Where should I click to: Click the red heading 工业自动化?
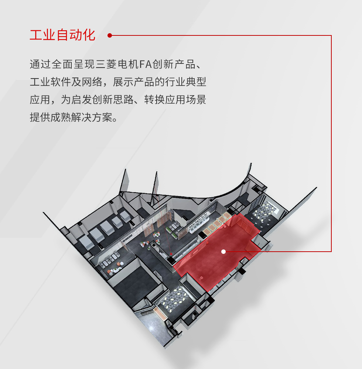62,35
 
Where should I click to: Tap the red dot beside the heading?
109,35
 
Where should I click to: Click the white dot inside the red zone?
223,252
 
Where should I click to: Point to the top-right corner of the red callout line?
331,35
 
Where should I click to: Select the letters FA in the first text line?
146,64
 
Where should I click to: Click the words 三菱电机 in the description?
117,64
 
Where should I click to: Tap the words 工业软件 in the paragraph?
50,82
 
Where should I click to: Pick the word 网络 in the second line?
92,82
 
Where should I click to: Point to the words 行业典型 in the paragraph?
185,82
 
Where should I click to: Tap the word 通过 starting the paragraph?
40,64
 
